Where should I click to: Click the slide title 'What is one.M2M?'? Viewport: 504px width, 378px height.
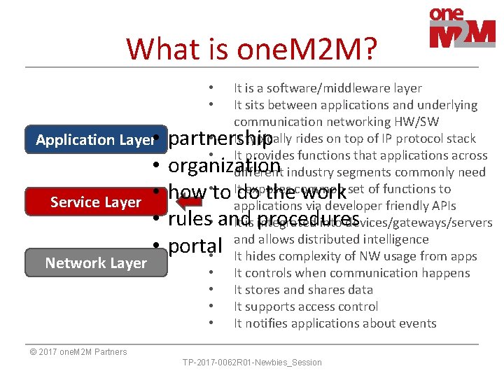(251, 49)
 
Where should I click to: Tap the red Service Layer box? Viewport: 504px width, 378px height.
(96, 202)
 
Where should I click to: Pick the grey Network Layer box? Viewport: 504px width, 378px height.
(96, 263)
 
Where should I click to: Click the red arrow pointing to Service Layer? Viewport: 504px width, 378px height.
(190, 203)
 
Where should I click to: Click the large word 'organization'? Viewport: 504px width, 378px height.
(224, 166)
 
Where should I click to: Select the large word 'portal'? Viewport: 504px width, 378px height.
(195, 246)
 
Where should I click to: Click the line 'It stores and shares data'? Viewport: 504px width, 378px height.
(303, 290)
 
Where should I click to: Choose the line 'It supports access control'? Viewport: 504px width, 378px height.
(306, 307)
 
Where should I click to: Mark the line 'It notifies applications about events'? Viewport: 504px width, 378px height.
(335, 323)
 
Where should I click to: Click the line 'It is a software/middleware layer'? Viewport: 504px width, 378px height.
(328, 88)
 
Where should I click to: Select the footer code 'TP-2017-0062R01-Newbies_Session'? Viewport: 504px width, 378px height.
(252, 363)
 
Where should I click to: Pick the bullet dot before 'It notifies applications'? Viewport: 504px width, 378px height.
(210, 323)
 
